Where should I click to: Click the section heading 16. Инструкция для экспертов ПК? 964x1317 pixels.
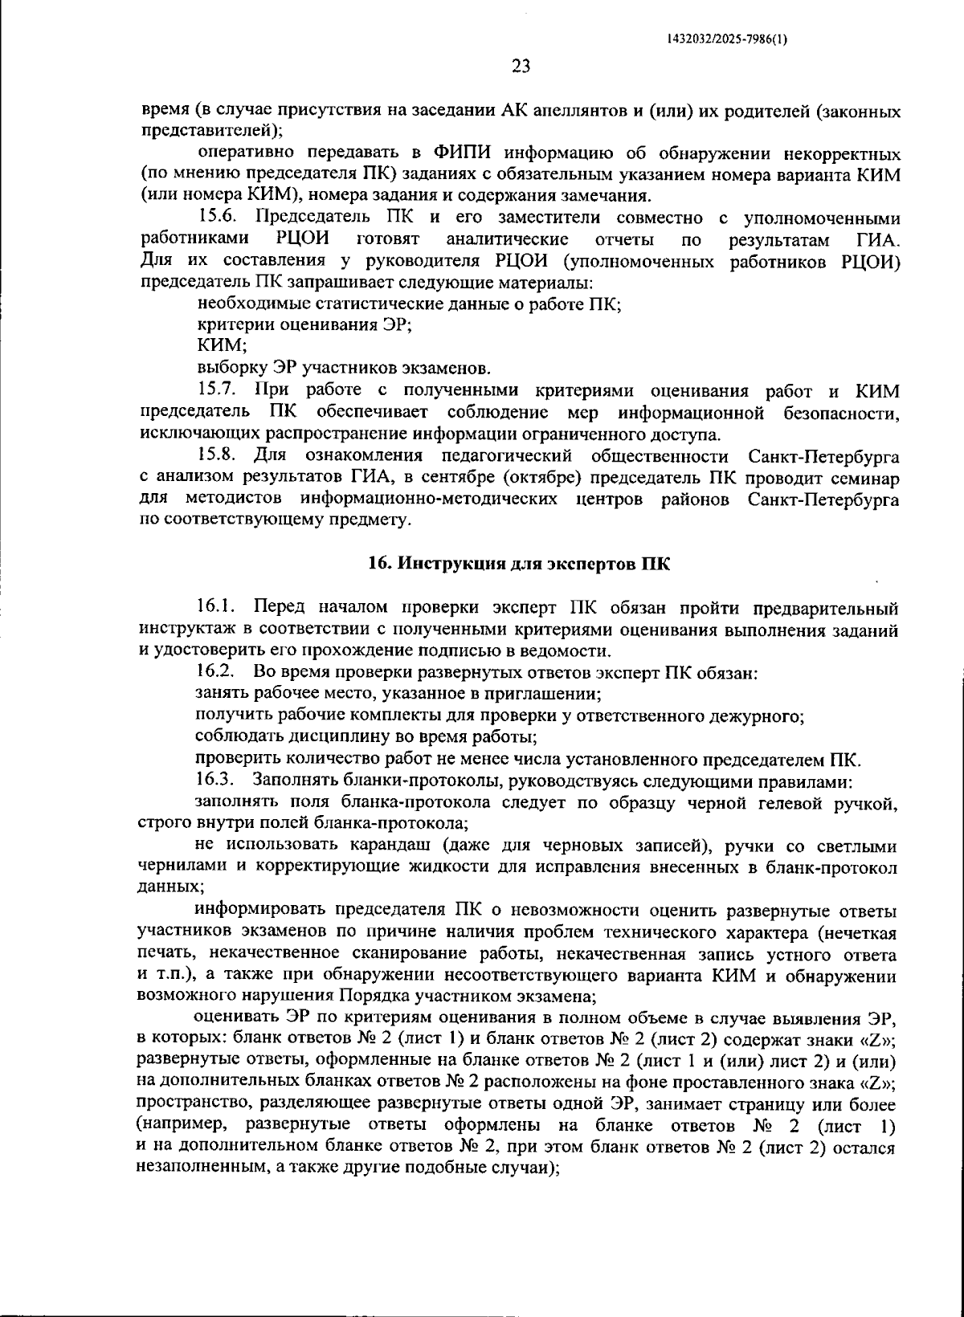click(518, 563)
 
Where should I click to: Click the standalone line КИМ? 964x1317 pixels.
click(222, 347)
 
